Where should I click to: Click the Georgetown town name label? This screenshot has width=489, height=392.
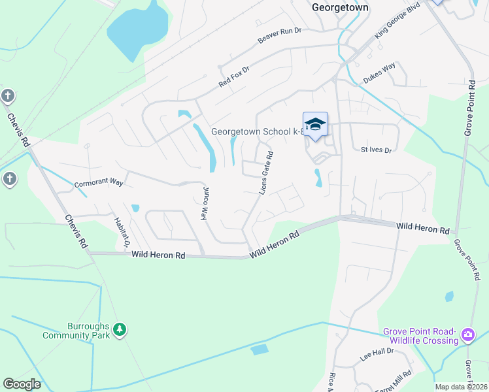coord(340,7)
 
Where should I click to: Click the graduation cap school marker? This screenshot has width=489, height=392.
coord(315,124)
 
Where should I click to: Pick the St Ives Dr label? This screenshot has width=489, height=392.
coord(376,150)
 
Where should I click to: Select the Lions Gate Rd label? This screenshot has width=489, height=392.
coord(266,172)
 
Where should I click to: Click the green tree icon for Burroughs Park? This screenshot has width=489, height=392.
coord(120,331)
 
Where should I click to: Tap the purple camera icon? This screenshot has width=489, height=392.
coord(467,335)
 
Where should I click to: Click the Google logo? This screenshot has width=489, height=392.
coord(22,384)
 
